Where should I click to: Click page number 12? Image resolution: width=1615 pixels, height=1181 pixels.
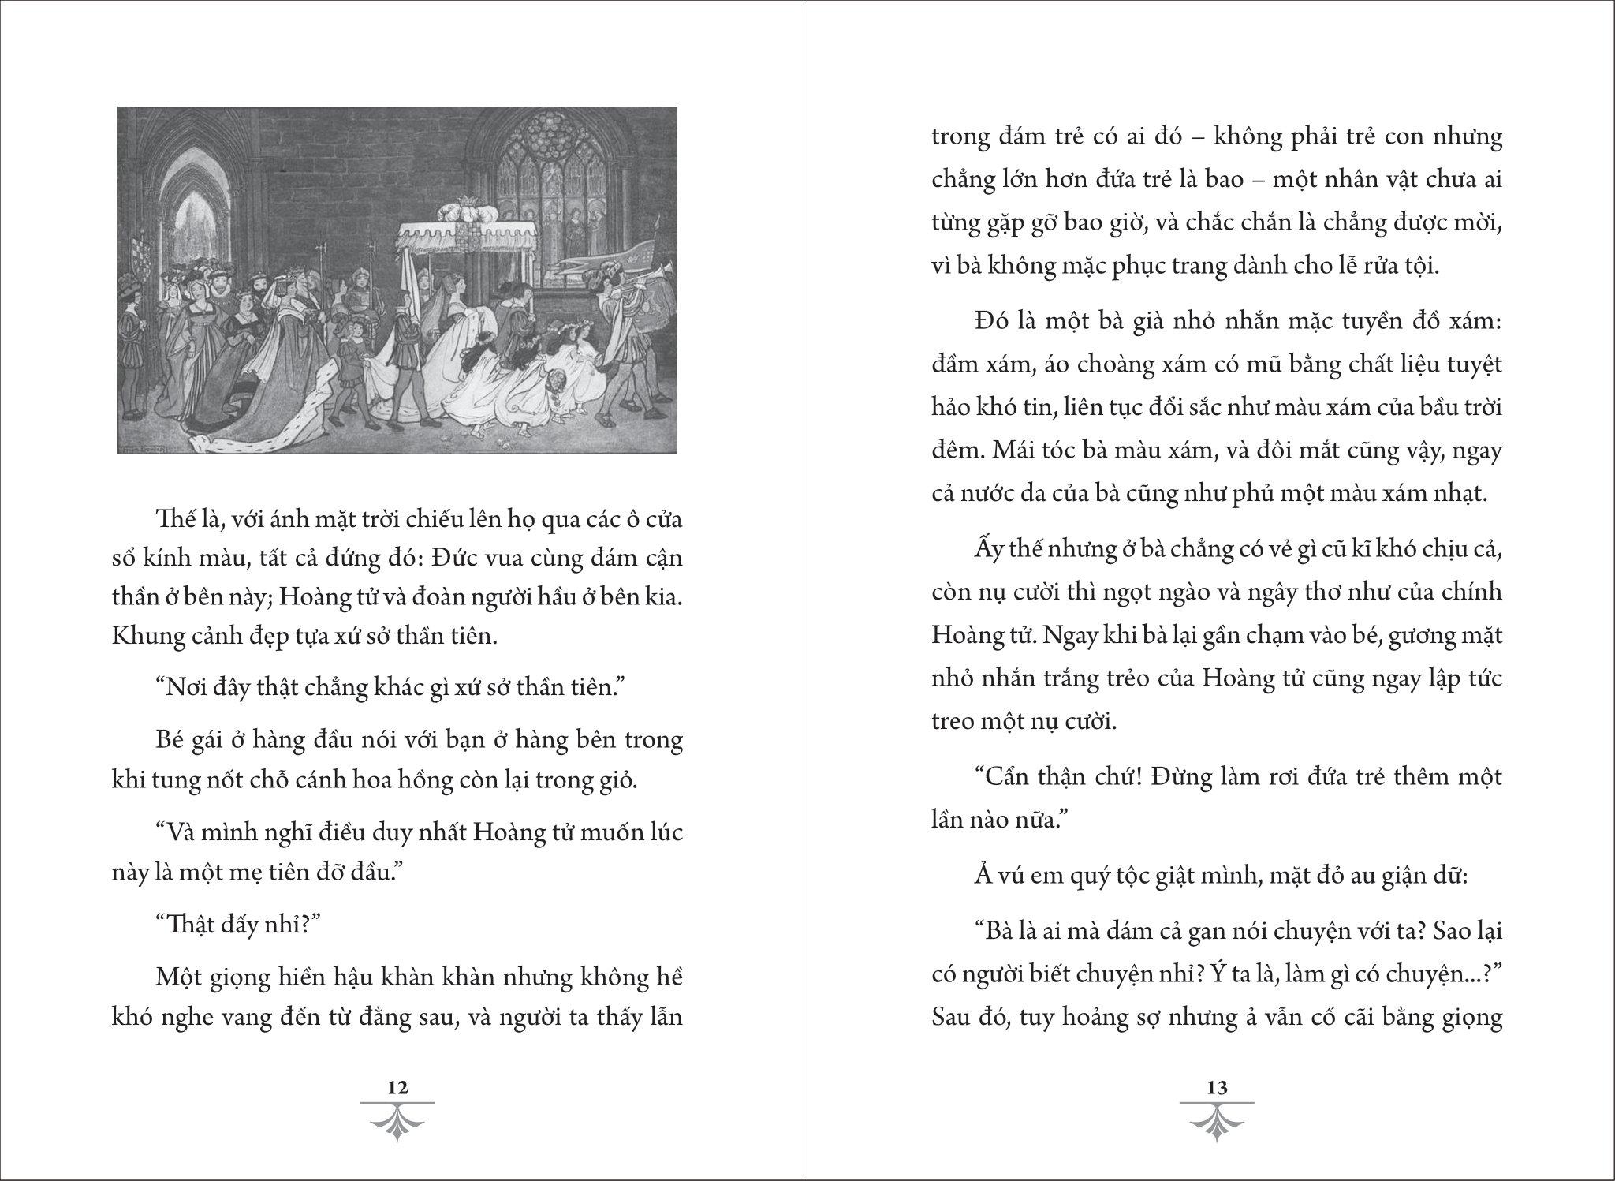point(398,1087)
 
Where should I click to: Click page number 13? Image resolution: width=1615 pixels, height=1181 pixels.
point(1217,1087)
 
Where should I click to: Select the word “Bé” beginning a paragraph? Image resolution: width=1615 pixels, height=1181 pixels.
point(173,741)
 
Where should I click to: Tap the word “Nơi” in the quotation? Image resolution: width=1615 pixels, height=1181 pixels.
point(188,687)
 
